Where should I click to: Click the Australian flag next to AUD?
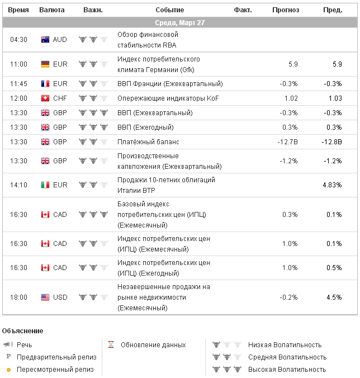click(45, 40)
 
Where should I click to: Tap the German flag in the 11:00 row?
click(45, 64)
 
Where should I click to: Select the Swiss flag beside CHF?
click(45, 98)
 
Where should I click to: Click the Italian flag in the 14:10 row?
click(45, 185)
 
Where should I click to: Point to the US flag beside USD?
click(45, 297)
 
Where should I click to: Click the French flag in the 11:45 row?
click(45, 84)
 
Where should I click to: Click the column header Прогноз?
click(286, 10)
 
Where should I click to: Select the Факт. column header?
click(243, 10)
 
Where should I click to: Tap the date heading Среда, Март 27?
click(180, 23)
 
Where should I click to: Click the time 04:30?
click(18, 40)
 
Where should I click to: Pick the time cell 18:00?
click(18, 297)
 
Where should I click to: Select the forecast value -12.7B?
click(287, 142)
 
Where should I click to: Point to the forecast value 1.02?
click(291, 98)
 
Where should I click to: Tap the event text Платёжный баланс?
click(147, 142)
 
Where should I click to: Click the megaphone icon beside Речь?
click(8, 345)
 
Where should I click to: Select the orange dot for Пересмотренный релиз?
click(8, 370)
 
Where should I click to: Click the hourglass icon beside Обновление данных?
click(111, 345)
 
